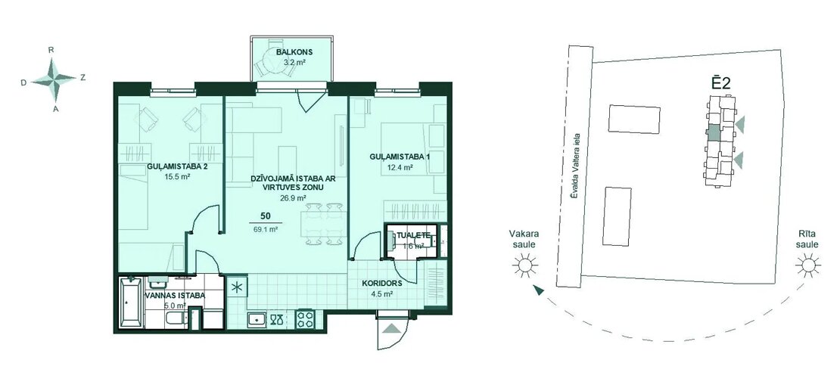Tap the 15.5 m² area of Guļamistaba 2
point(177,175)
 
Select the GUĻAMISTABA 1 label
point(400,157)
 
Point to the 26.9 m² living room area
point(293,197)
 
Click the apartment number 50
point(265,216)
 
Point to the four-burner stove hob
point(305,319)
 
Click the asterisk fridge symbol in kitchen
point(235,286)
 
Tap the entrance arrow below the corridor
point(391,328)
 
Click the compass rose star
point(53,79)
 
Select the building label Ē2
point(721,83)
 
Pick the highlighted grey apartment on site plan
point(714,133)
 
